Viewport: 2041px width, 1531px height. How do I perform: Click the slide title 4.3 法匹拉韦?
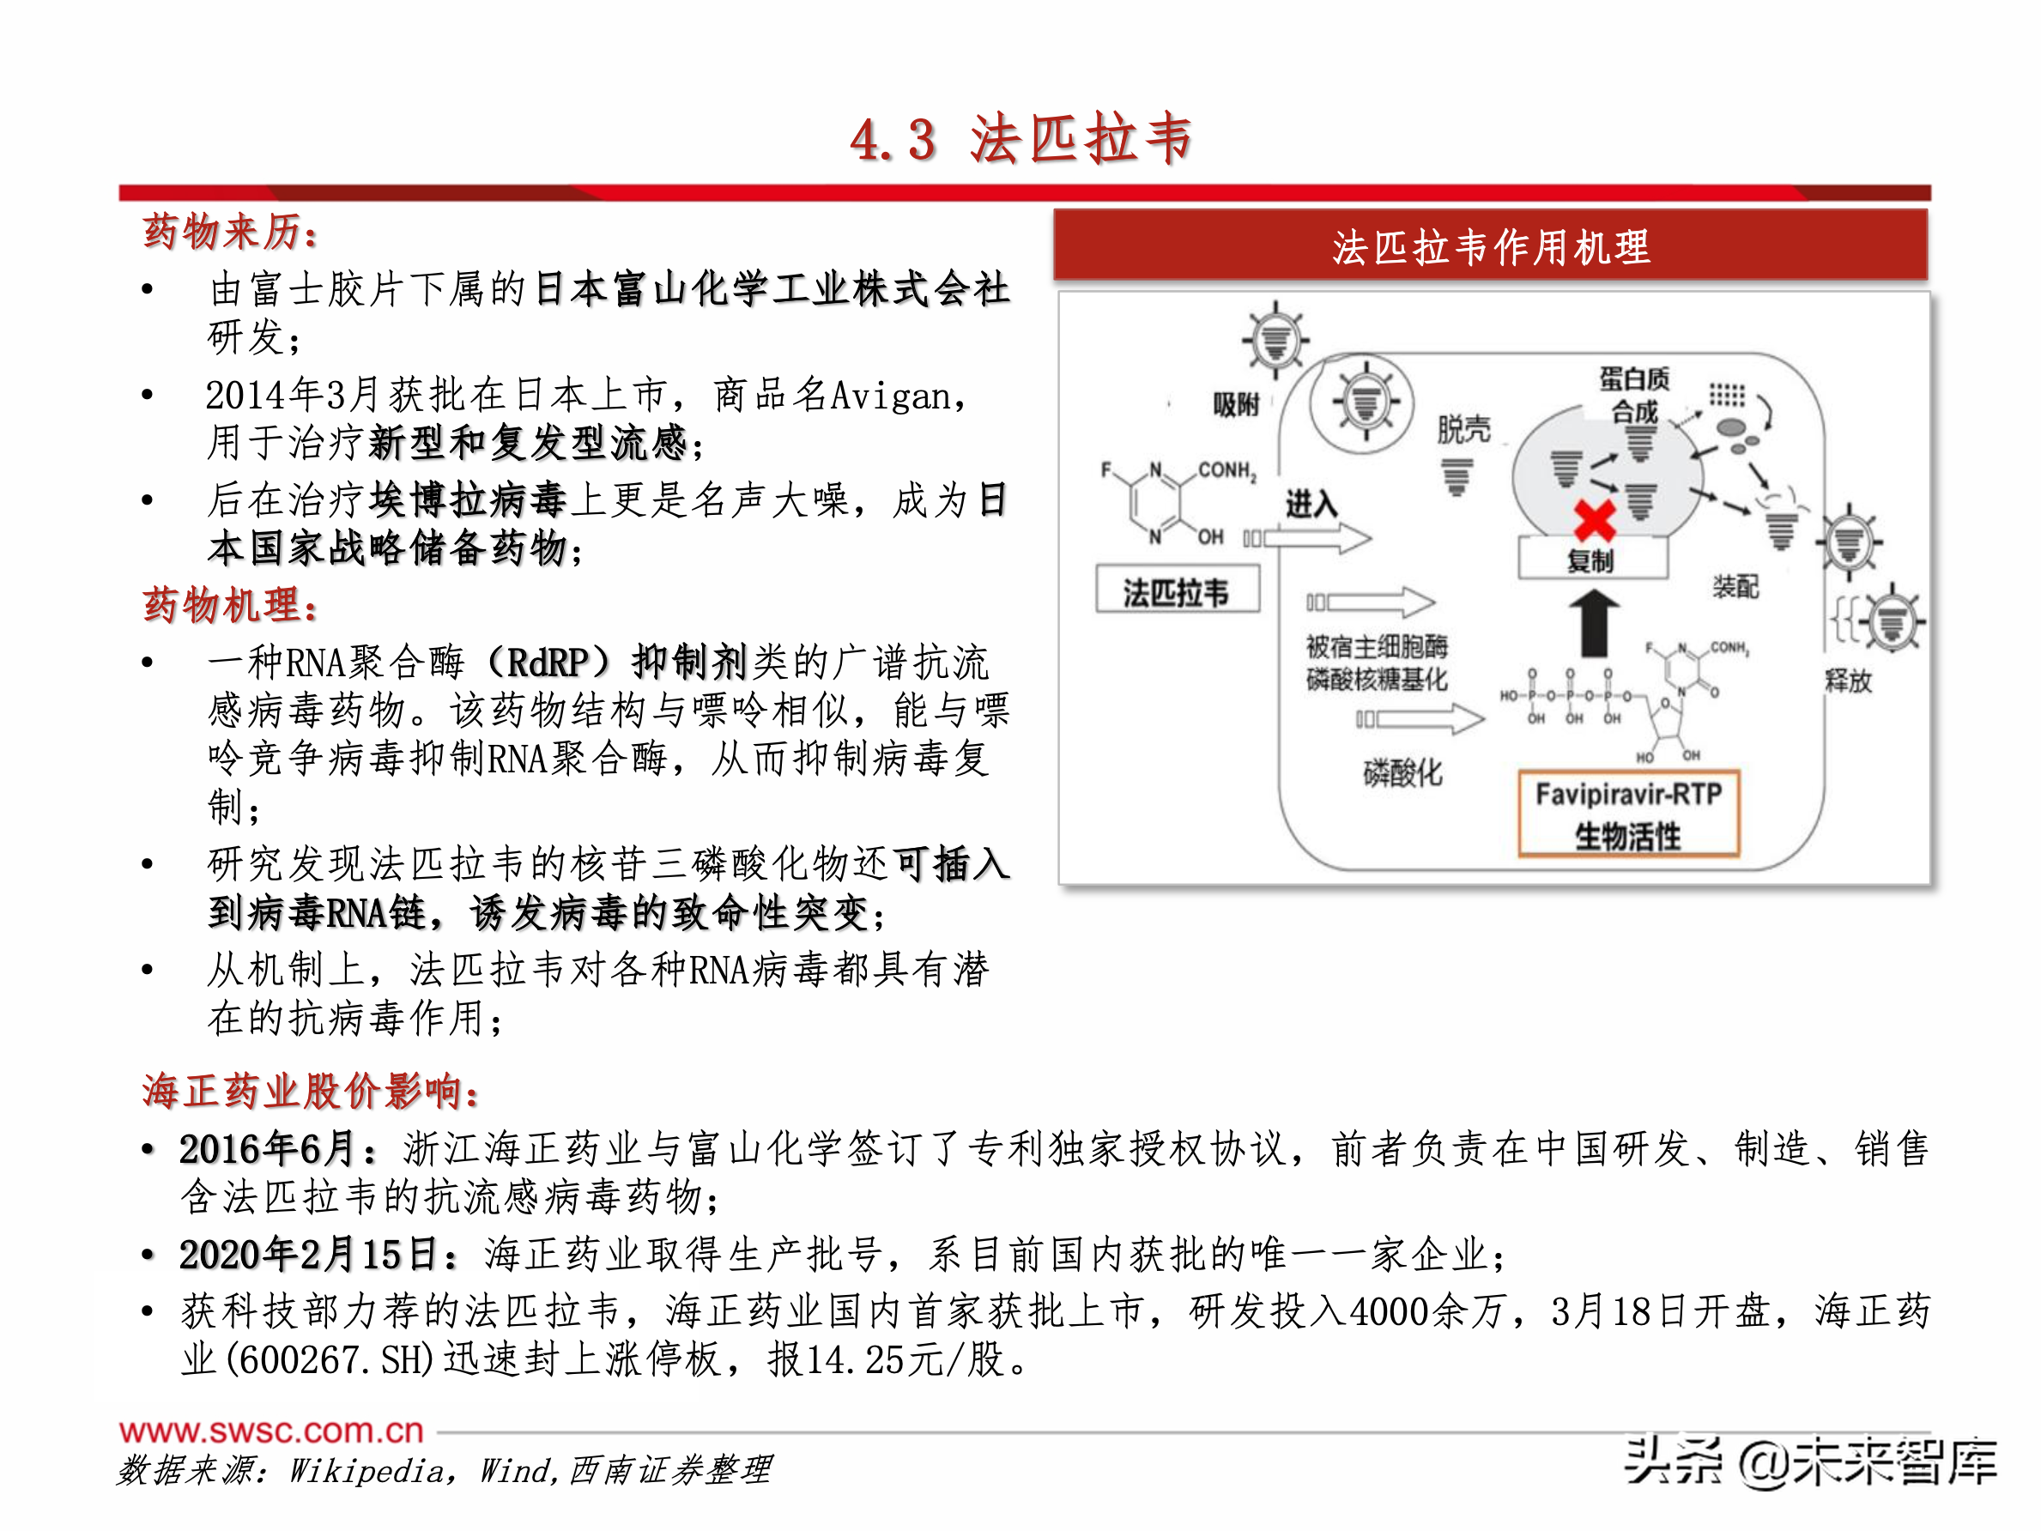[x=1020, y=140]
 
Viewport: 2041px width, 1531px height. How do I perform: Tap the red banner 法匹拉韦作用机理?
[x=1490, y=246]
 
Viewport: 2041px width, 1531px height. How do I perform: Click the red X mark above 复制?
[x=1595, y=519]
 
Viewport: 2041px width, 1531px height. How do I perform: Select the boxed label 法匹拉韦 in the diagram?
[x=1177, y=592]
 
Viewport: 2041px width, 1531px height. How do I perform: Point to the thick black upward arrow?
[x=1594, y=623]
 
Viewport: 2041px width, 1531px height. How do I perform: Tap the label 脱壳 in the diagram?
[x=1463, y=429]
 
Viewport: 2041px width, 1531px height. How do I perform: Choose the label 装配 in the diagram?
[x=1735, y=586]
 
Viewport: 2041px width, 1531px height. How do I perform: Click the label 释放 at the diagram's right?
[x=1848, y=681]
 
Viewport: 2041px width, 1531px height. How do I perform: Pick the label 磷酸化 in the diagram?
[x=1402, y=773]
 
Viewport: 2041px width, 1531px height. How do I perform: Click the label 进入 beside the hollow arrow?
[x=1311, y=504]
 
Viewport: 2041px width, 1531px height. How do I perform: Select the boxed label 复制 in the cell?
[x=1591, y=560]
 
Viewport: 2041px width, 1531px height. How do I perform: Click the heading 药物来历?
[x=230, y=232]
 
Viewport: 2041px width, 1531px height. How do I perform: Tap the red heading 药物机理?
[x=230, y=605]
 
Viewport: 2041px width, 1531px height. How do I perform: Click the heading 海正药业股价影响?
[x=310, y=1091]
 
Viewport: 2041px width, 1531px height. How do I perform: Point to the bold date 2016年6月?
[x=268, y=1149]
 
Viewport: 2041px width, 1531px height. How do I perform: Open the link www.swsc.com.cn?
[x=271, y=1431]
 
